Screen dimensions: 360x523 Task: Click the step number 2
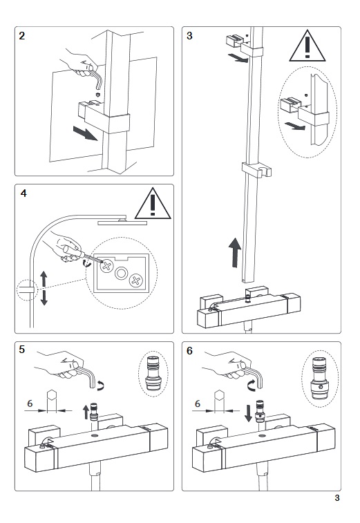[22, 36]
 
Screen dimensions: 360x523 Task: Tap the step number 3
[189, 36]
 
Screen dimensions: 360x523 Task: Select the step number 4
[23, 193]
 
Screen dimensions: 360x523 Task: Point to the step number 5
[22, 349]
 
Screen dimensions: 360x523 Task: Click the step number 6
[189, 350]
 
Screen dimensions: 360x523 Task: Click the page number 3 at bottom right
[337, 498]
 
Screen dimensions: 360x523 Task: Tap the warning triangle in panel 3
[307, 46]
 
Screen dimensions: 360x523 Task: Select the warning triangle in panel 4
[153, 203]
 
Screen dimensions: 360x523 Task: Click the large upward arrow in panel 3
[235, 252]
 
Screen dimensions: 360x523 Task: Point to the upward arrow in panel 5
[86, 411]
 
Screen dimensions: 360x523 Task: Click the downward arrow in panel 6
[248, 413]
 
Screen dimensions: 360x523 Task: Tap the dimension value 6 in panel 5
[30, 403]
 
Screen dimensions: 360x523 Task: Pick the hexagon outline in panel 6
[219, 395]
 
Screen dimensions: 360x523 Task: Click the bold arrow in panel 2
[86, 133]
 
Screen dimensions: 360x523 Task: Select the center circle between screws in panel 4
[121, 274]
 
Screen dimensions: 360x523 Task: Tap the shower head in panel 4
[122, 222]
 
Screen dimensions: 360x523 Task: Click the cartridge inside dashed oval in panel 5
[153, 374]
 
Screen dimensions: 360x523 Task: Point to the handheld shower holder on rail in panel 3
[256, 170]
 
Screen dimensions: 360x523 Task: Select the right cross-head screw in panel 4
[136, 280]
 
